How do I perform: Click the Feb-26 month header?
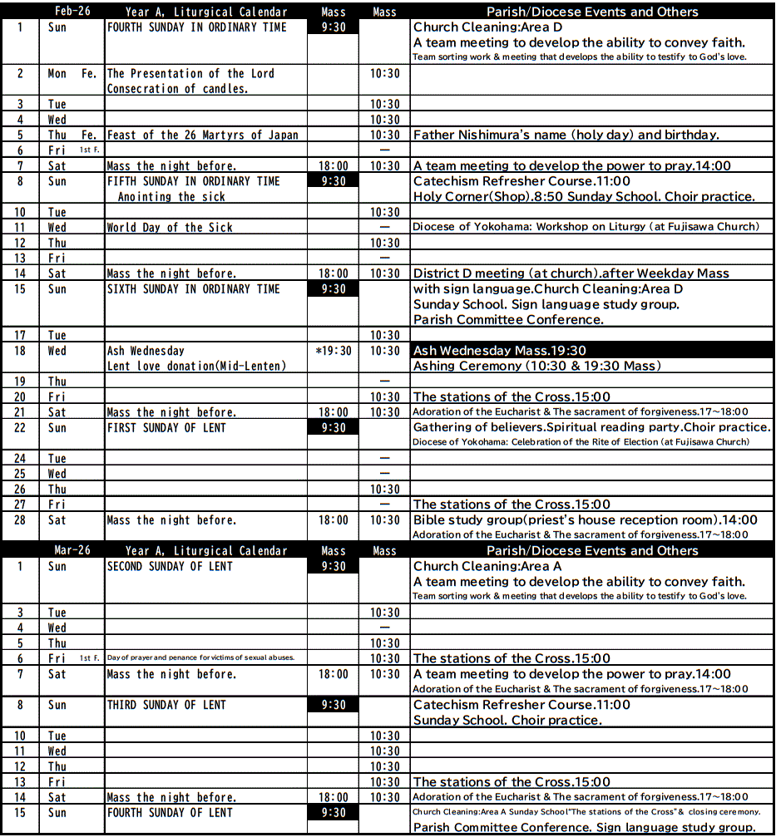point(72,12)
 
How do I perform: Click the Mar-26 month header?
point(72,550)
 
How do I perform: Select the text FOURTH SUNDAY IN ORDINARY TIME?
point(196,27)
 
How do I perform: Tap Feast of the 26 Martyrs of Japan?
point(202,135)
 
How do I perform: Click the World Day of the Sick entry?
point(170,227)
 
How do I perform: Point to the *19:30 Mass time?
point(334,351)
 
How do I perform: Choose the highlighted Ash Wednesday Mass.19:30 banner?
point(499,351)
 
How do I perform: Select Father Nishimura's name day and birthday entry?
point(566,135)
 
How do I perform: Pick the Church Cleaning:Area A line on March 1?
point(487,566)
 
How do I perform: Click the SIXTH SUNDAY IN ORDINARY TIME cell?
point(193,288)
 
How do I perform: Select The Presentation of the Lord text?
point(190,73)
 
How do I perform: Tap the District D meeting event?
point(571,273)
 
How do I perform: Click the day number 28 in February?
point(20,520)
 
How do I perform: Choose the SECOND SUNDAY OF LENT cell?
point(170,566)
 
